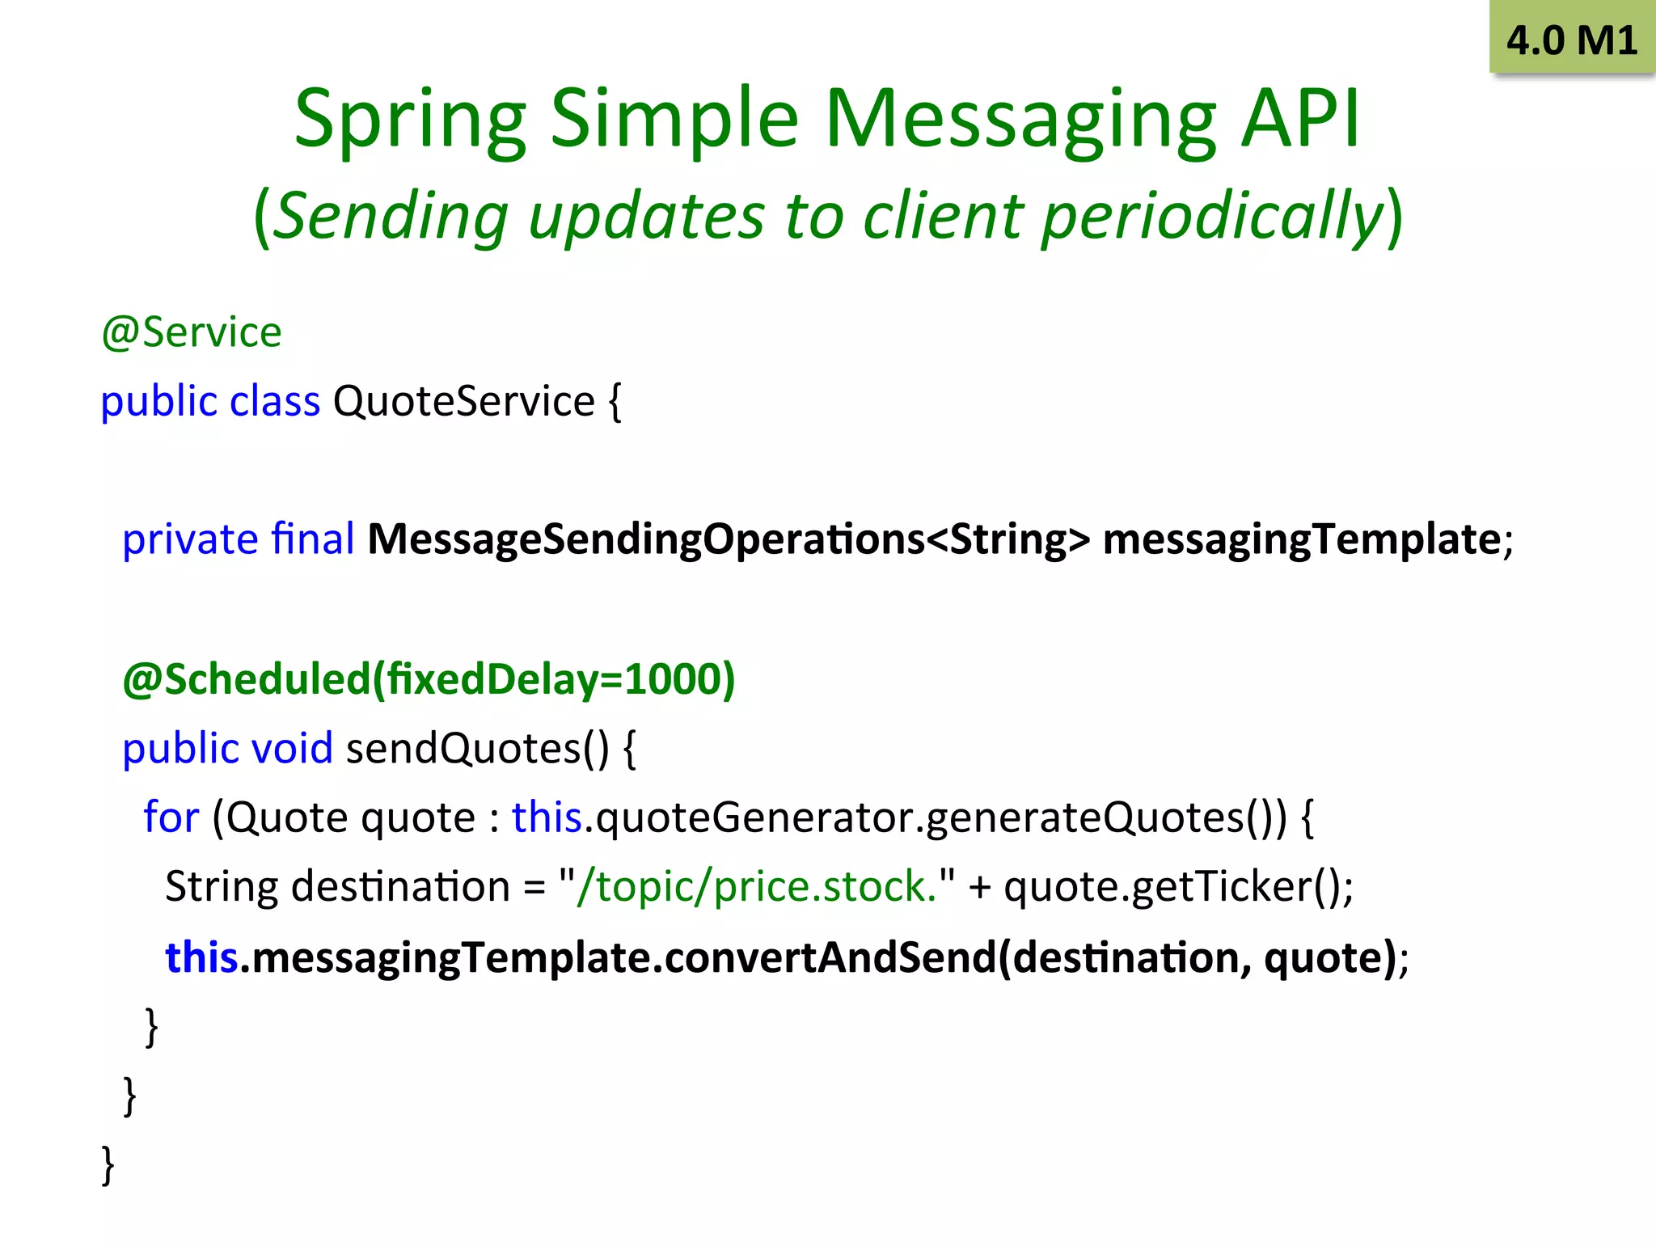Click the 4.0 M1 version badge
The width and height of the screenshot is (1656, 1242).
click(x=1571, y=40)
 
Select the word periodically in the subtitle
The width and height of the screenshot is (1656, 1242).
click(x=1213, y=217)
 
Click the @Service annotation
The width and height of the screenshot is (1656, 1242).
click(x=192, y=332)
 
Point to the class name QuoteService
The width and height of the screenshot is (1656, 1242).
click(x=463, y=401)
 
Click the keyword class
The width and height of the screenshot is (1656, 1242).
click(x=275, y=401)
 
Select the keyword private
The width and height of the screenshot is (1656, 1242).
click(x=190, y=539)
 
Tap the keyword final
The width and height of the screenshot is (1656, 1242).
click(x=313, y=539)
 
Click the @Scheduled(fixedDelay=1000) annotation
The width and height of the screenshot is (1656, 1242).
click(x=429, y=678)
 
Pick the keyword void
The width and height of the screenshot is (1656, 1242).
click(x=292, y=748)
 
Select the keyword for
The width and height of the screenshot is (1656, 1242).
click(x=171, y=817)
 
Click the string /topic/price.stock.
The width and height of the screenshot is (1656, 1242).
click(x=756, y=886)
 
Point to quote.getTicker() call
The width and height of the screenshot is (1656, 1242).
click(x=1177, y=886)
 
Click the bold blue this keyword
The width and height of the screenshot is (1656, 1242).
click(x=201, y=957)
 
